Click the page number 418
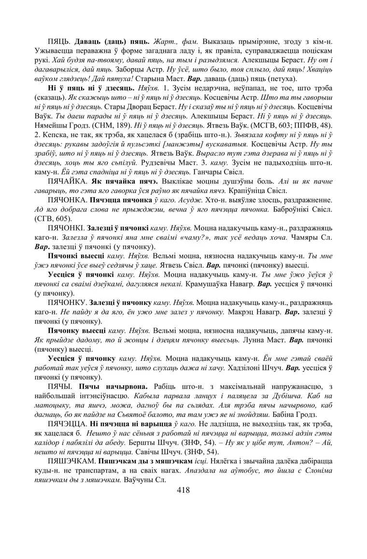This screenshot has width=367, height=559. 183,490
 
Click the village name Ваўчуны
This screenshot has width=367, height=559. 138,480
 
